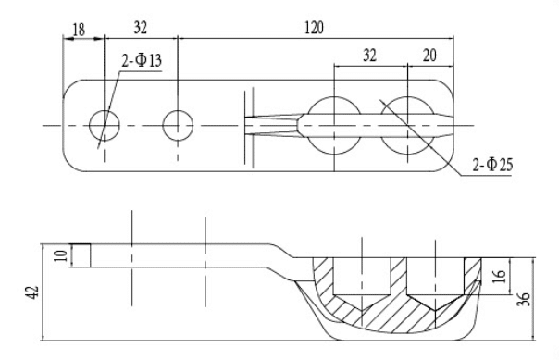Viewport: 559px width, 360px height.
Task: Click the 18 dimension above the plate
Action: tap(79, 30)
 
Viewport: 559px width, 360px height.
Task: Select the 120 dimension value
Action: tap(315, 28)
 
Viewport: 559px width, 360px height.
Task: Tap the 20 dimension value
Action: tap(429, 56)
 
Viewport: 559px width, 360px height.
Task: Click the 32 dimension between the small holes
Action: tap(141, 28)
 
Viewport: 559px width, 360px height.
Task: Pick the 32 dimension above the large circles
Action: tap(369, 56)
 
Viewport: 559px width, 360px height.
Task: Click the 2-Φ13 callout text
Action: tap(142, 60)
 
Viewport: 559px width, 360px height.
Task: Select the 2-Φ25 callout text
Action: tap(492, 165)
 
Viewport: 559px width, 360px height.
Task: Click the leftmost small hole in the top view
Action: tap(105, 126)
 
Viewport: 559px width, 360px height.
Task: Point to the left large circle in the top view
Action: tap(334, 96)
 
